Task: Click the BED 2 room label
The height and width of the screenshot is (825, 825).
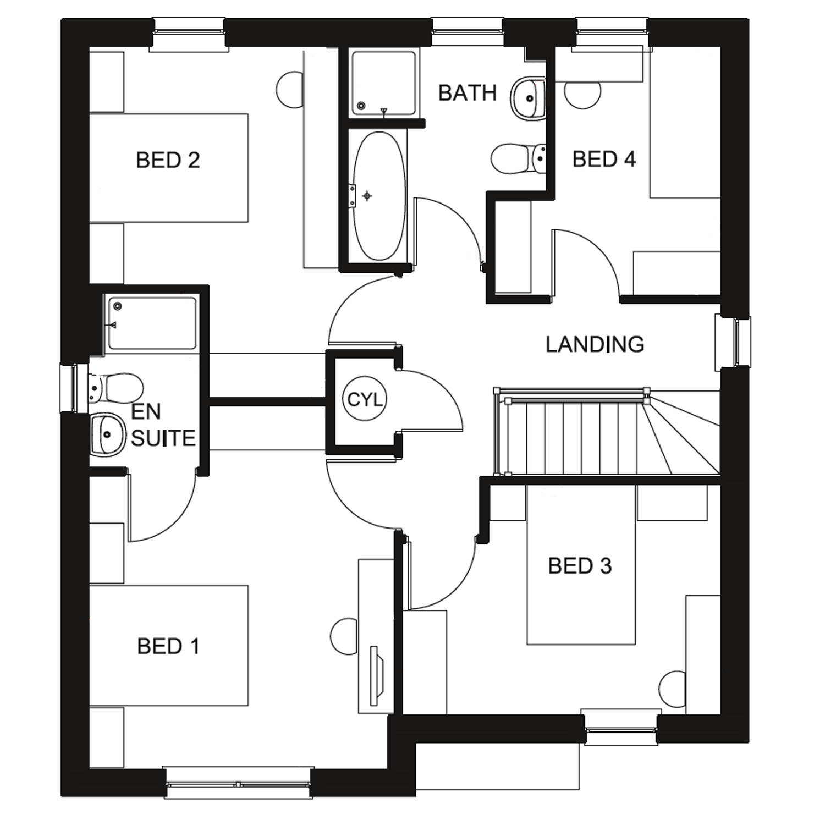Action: (x=168, y=161)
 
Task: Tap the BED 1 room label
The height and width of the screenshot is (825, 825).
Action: (x=168, y=646)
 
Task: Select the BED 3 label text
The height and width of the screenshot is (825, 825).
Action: (x=580, y=566)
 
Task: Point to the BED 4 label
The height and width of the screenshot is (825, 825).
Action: (x=604, y=159)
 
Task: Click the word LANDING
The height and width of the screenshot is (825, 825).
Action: (x=595, y=345)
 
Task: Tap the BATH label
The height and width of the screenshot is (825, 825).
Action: (x=468, y=94)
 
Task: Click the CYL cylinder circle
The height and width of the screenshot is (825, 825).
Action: (x=365, y=400)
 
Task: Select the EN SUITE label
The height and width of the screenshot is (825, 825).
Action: (x=163, y=425)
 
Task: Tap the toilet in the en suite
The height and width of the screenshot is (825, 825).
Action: (x=117, y=387)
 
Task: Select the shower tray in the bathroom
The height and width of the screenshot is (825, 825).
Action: (x=383, y=84)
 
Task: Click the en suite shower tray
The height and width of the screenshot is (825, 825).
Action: (x=152, y=323)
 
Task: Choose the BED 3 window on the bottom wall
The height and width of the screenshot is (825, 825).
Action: (x=621, y=729)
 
